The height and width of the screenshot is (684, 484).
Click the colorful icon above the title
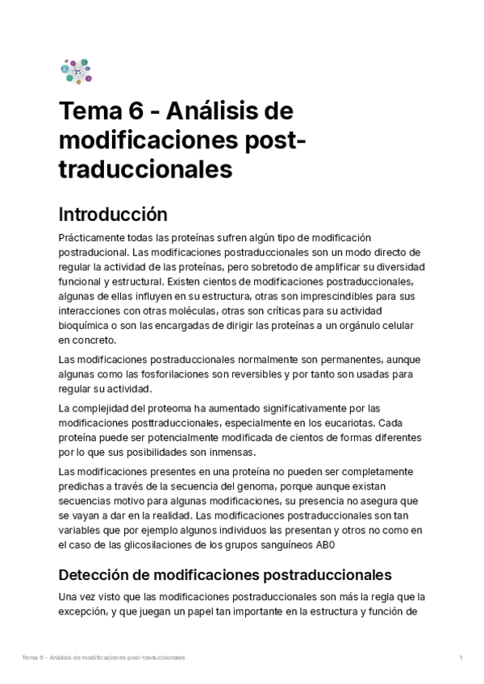click(76, 71)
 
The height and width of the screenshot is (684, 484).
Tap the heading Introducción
click(113, 215)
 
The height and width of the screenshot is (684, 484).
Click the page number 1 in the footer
click(461, 658)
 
